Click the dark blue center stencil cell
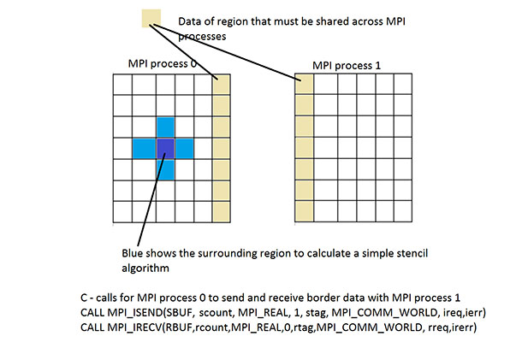coord(165,149)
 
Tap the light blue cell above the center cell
coord(165,127)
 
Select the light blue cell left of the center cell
coord(145,149)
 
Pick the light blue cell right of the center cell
coord(185,149)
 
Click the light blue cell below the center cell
coord(165,169)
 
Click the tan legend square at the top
coord(151,18)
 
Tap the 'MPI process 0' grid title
coord(162,63)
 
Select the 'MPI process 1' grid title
coord(347,66)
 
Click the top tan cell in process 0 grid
coord(222,84)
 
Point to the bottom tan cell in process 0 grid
coord(222,211)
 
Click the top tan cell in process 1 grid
coord(305,84)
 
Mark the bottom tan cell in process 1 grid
coord(305,211)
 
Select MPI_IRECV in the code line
coord(135,328)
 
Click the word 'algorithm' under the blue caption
coord(145,269)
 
